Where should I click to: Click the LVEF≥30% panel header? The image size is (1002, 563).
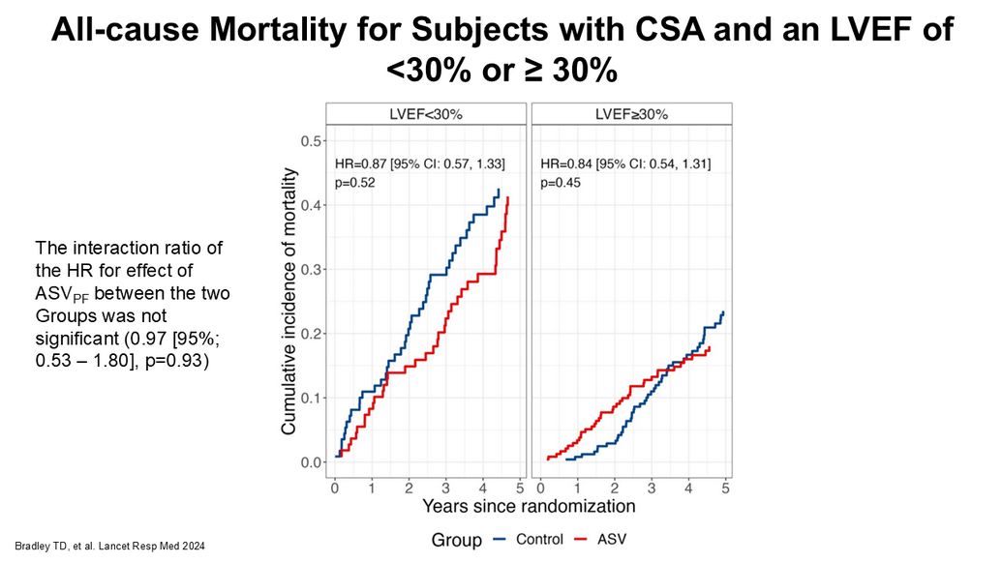(631, 114)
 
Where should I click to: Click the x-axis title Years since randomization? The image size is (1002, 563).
(529, 506)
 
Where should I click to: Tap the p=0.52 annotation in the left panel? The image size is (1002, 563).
(354, 182)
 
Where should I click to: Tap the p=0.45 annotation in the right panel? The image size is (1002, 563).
(561, 182)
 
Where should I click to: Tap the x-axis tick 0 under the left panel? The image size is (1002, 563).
(334, 489)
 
